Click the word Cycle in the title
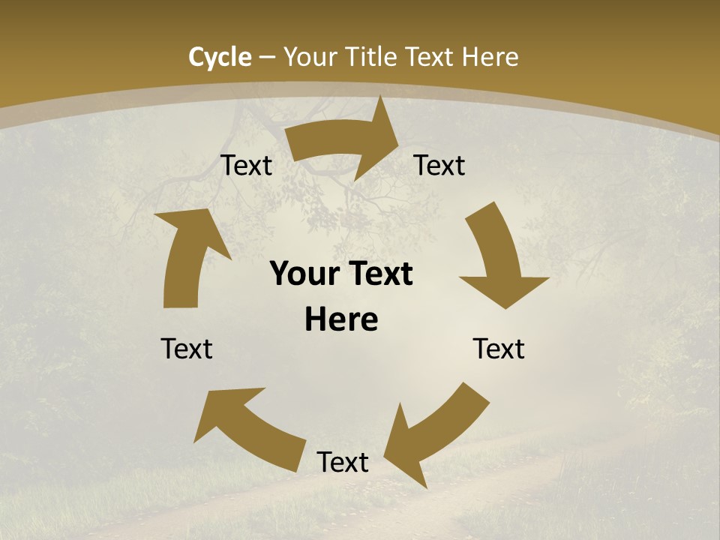[x=220, y=57]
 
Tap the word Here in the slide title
[x=490, y=57]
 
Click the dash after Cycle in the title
[x=268, y=57]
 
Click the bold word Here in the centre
[x=341, y=320]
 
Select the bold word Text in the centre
[x=378, y=274]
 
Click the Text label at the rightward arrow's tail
[x=246, y=166]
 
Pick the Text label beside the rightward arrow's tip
[x=439, y=166]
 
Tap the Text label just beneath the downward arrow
[x=499, y=349]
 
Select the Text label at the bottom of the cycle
[x=343, y=462]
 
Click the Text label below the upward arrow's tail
[x=187, y=349]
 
